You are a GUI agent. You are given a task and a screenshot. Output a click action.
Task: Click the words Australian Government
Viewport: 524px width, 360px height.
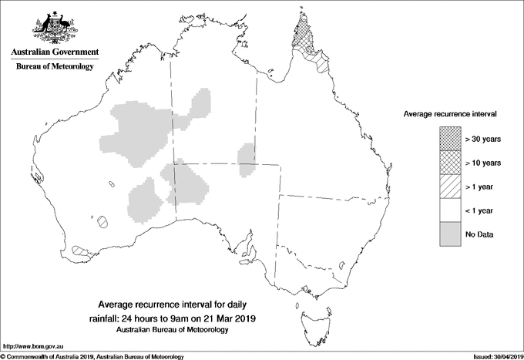pos(55,52)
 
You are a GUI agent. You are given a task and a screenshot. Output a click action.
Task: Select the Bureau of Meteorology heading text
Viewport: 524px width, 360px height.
pos(55,67)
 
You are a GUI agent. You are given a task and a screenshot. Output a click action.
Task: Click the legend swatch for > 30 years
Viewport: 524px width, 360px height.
pos(449,139)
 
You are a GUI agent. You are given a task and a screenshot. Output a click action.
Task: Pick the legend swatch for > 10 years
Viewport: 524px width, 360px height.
pos(449,163)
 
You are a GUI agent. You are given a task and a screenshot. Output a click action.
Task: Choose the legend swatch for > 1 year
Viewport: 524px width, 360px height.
pos(449,187)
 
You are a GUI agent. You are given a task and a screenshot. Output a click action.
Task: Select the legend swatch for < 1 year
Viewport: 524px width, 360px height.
pos(449,210)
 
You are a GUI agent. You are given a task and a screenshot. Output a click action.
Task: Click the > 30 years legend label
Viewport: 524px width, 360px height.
pos(483,139)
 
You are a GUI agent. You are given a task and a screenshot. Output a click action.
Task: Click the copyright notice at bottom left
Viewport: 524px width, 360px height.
pos(92,356)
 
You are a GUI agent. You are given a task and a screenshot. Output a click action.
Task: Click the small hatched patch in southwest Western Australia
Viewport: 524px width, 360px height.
pos(78,250)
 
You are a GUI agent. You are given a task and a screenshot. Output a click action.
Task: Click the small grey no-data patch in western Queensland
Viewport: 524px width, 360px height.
pos(247,157)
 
